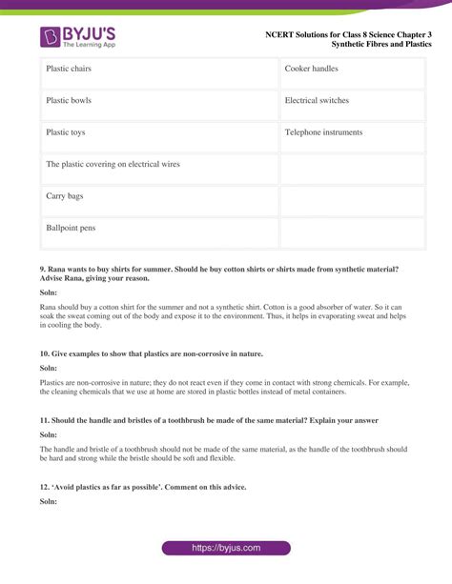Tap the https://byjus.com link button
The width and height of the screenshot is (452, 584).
[225, 549]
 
